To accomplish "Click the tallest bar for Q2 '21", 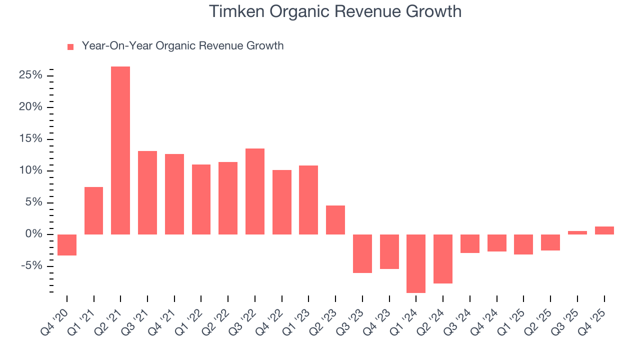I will pos(120,150).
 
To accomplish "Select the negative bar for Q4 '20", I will pos(67,245).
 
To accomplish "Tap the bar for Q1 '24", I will pos(416,263).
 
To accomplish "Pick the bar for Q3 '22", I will pos(255,191).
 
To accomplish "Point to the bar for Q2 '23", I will pos(335,220).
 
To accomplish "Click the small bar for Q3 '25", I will pos(577,232).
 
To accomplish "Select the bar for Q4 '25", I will pos(604,230).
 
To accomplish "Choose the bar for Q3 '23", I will pos(362,253).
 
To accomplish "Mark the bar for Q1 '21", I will pos(94,210).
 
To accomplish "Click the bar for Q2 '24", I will pos(443,259).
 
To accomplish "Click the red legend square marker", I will pos(70,46).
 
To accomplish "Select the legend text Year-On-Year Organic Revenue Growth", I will pos(182,46).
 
